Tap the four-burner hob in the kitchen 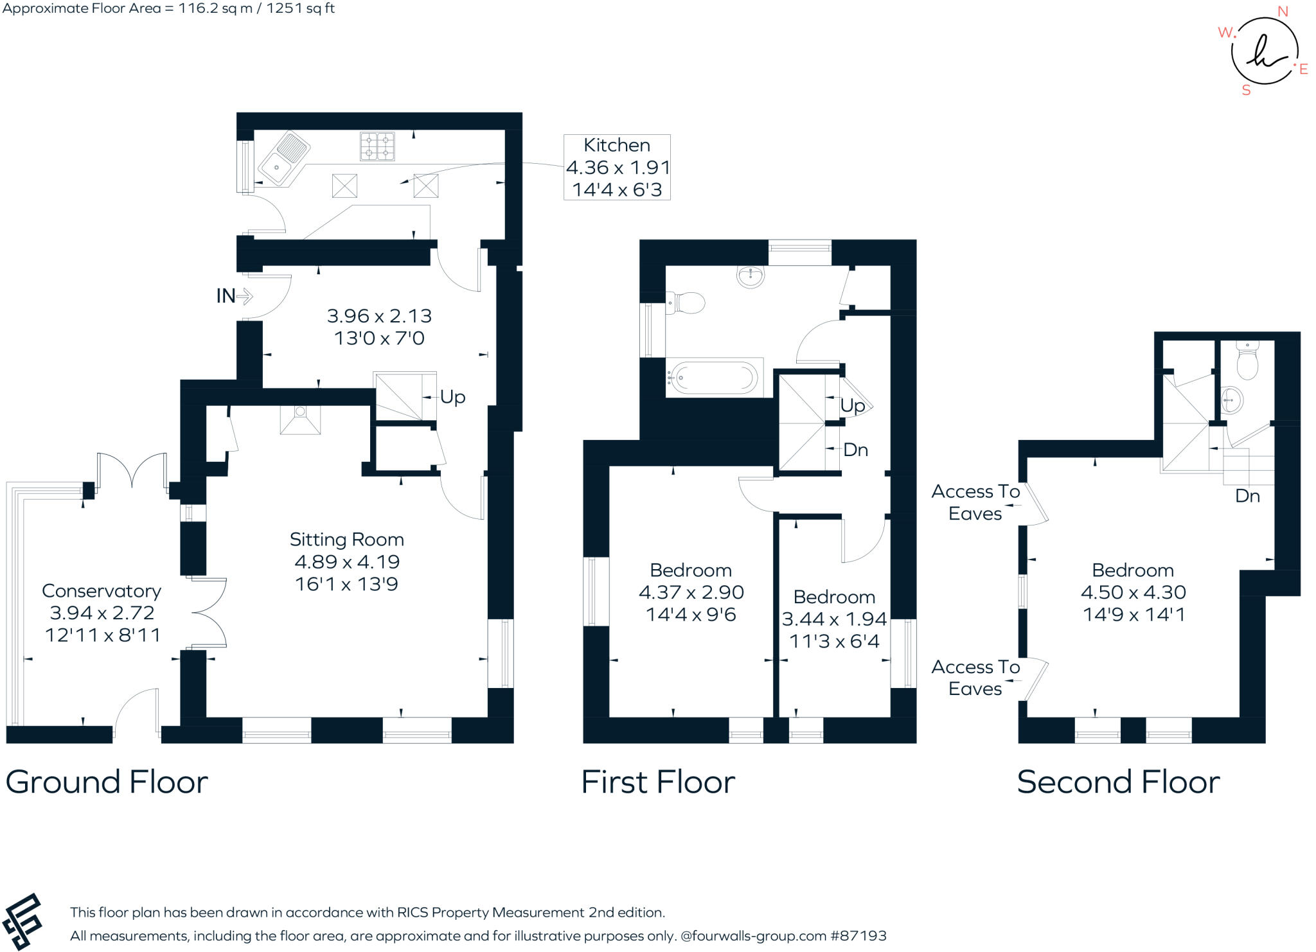[x=377, y=146]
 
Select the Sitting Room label [x=346, y=540]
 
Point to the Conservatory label [x=102, y=591]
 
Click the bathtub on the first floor [x=713, y=378]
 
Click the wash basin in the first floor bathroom [x=750, y=276]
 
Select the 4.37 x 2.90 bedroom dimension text [x=691, y=592]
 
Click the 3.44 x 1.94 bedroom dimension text [x=834, y=619]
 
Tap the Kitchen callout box [x=617, y=167]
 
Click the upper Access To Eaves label [x=975, y=502]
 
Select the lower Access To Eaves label [x=975, y=678]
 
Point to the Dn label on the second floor [x=1247, y=496]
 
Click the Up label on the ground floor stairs [x=452, y=397]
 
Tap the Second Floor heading [x=1118, y=782]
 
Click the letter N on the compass [x=1283, y=12]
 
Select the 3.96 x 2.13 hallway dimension [x=379, y=316]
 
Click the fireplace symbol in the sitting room [x=300, y=420]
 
